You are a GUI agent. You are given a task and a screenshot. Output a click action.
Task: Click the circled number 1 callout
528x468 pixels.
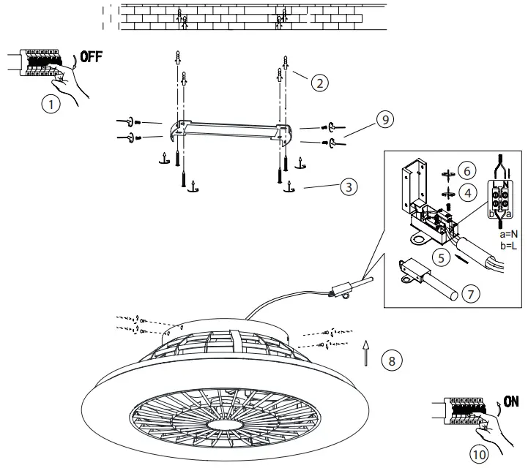(x=51, y=105)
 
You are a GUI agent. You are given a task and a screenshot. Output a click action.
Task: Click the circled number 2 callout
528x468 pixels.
(x=319, y=83)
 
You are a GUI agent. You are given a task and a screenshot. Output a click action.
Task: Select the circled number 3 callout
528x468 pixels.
(x=350, y=187)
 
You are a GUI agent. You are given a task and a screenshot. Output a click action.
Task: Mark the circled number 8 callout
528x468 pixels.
(x=392, y=361)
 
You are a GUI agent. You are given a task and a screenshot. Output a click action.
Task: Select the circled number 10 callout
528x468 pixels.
(x=478, y=453)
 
